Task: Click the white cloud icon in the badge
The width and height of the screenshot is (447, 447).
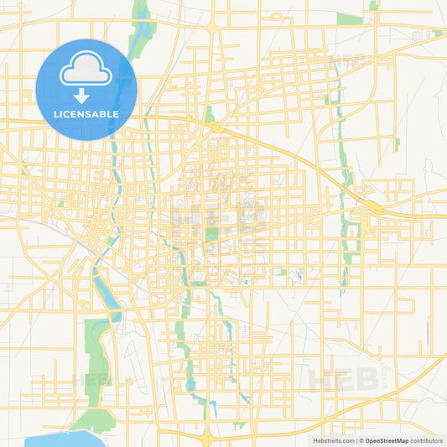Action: [x=86, y=70]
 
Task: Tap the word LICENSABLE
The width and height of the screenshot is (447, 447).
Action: [x=86, y=114]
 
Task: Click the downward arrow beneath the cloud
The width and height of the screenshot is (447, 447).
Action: [x=86, y=95]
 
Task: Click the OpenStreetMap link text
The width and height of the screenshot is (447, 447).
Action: [x=387, y=440]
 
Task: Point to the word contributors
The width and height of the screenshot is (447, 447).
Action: [x=427, y=440]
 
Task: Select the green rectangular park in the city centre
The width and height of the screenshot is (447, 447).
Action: [x=212, y=234]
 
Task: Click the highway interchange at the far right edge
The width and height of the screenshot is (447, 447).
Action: [x=372, y=206]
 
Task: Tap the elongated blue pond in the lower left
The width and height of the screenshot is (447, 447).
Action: [x=106, y=294]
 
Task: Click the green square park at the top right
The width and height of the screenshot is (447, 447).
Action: [x=348, y=18]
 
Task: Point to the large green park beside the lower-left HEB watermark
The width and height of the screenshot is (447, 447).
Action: [x=98, y=356]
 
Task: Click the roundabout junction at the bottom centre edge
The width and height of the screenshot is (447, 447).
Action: [x=207, y=434]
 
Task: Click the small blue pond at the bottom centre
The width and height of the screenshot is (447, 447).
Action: [x=213, y=408]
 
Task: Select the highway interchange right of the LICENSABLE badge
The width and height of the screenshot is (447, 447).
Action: [x=217, y=127]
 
